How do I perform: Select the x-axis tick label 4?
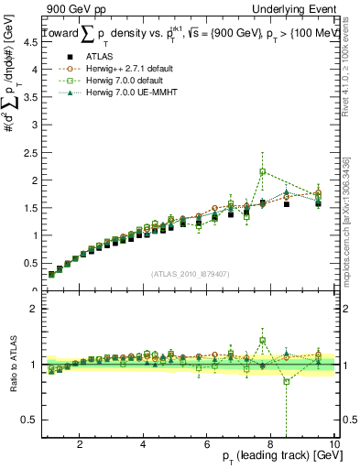coord(143,444)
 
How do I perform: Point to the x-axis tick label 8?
coord(270,444)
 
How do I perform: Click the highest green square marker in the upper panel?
coord(263,171)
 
